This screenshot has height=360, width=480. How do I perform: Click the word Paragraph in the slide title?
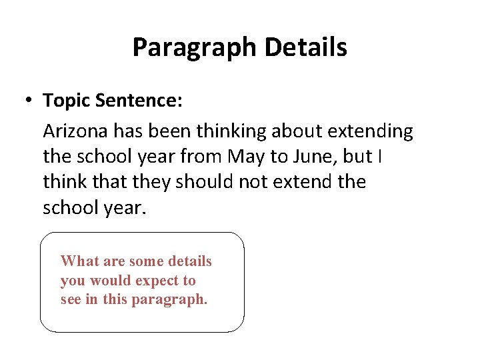pyautogui.click(x=194, y=47)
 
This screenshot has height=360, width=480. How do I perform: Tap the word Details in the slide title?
pyautogui.click(x=305, y=47)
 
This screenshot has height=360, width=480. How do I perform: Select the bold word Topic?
pyautogui.click(x=67, y=101)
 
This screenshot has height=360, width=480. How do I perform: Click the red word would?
pyautogui.click(x=111, y=281)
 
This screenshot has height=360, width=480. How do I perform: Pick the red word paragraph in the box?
pyautogui.click(x=169, y=300)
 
